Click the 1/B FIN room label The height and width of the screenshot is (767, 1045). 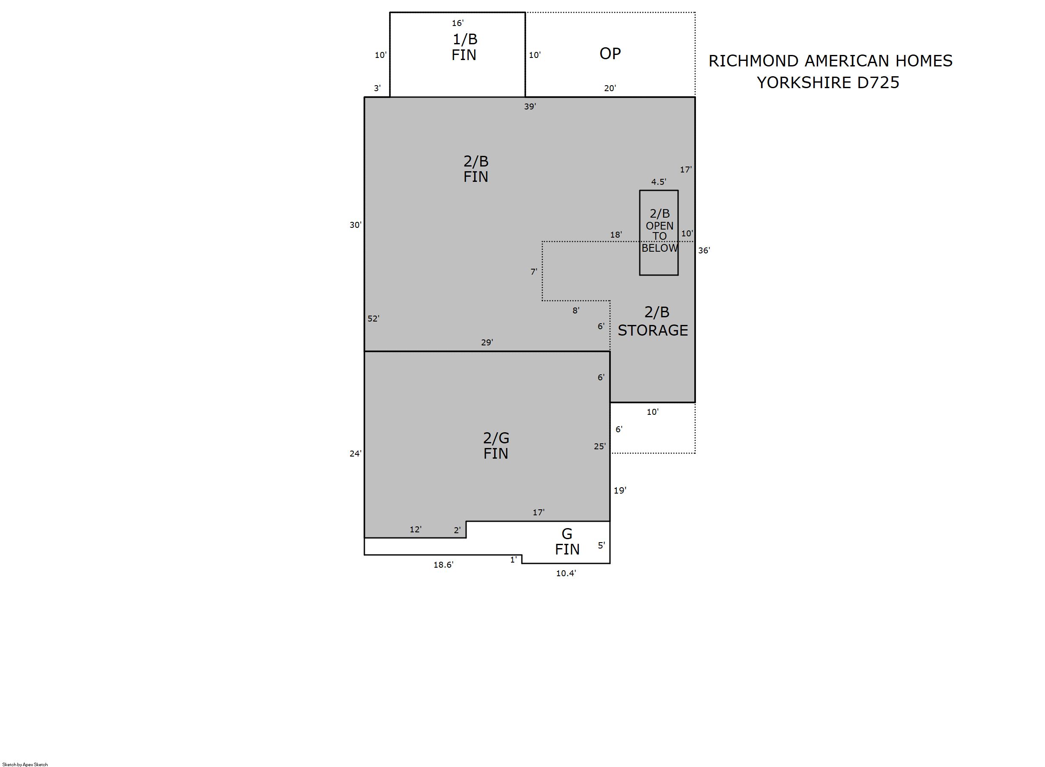(x=464, y=47)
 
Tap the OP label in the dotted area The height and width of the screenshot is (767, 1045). (x=610, y=54)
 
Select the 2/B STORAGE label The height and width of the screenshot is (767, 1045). (x=653, y=321)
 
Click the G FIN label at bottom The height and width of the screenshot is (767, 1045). (x=567, y=541)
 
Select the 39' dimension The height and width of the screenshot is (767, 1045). (x=530, y=107)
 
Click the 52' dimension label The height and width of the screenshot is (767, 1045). (x=374, y=319)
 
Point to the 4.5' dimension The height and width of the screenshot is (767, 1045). (x=658, y=182)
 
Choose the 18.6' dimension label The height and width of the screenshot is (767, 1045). (x=443, y=565)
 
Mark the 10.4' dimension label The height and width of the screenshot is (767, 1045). (x=566, y=573)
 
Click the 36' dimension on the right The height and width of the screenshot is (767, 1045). (x=704, y=251)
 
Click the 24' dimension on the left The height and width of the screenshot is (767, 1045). (x=355, y=454)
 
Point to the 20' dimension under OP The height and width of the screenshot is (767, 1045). (x=610, y=88)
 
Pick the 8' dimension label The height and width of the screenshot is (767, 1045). (x=576, y=310)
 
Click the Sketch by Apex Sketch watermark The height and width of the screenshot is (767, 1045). (x=25, y=764)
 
